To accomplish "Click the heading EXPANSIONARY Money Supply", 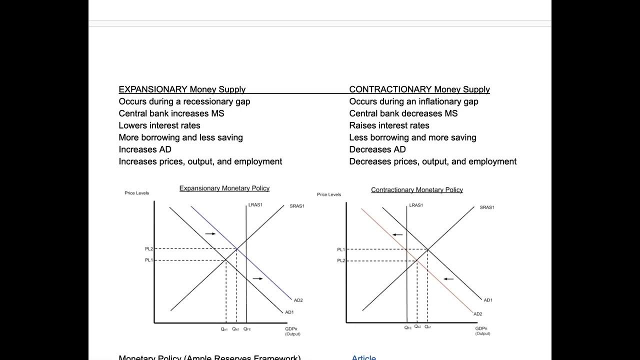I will point(182,89).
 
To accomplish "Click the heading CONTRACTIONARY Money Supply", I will point(419,89).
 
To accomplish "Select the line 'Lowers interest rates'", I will point(159,125).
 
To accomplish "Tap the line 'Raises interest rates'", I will point(389,125).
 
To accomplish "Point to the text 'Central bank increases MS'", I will point(171,113).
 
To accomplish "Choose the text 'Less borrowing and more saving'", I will point(412,137).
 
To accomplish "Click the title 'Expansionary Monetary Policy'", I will point(224,188).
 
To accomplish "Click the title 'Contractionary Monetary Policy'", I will point(417,190).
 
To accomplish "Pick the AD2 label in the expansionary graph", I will point(298,300).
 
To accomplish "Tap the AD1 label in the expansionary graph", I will point(289,312).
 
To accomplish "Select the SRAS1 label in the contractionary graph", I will point(487,207).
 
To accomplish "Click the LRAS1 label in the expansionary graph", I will point(255,205).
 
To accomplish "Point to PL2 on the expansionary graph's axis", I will point(149,249).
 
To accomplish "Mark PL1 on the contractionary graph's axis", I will point(340,249).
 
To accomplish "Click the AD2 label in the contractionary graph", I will point(478,314).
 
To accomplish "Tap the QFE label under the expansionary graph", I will point(247,329).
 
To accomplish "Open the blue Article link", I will point(363,357).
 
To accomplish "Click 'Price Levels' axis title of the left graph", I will point(136,193).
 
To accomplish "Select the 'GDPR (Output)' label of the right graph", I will point(482,331).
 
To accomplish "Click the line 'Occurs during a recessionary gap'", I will point(184,101).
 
